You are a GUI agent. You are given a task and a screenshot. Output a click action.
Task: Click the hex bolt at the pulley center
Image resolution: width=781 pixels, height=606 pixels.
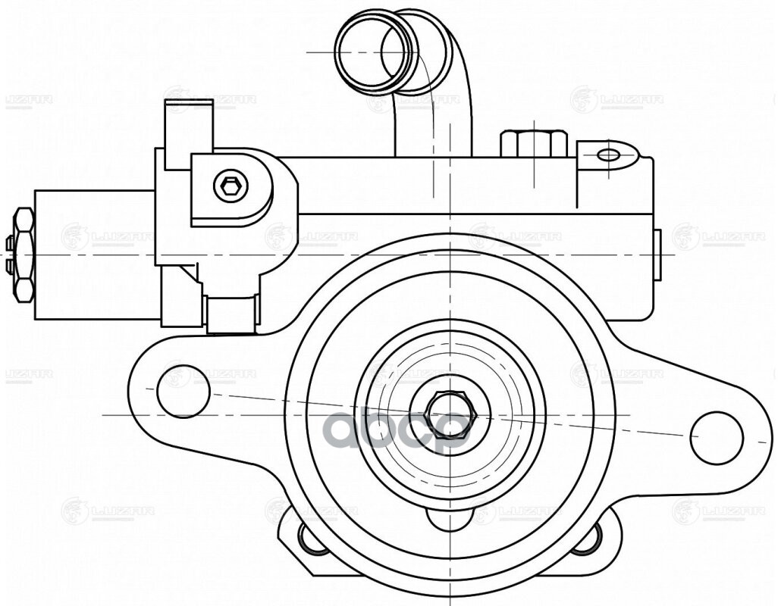coord(449,414)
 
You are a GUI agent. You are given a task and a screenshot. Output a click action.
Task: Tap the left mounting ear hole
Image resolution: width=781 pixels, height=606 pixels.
coord(183,391)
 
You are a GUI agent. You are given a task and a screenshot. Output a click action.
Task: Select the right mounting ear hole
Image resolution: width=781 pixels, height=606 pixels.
coord(716,438)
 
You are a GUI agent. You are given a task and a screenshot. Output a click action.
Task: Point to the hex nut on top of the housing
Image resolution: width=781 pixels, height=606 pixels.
coord(534,144)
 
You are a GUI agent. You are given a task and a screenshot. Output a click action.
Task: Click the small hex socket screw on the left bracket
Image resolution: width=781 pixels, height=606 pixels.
coord(230,185)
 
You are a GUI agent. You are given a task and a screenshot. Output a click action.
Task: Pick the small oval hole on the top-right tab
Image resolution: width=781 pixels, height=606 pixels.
coord(609,155)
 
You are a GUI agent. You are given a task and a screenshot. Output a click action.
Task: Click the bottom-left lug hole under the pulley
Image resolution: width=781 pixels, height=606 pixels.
coord(312,539)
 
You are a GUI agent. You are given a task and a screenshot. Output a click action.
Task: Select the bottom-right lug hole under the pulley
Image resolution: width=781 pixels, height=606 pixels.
coord(588,539)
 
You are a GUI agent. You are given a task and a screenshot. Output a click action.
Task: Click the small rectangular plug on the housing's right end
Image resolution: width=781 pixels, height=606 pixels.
coord(657,254)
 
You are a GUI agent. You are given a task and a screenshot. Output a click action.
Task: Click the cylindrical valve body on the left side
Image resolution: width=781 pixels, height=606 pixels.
coord(95,254)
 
